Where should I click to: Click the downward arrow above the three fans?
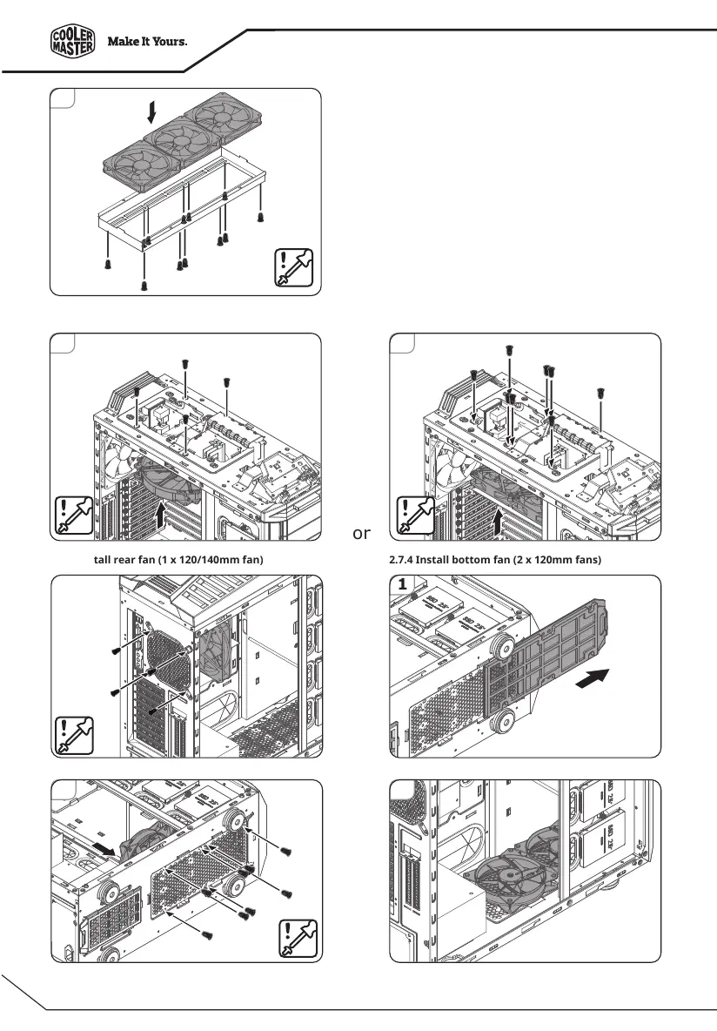click(152, 112)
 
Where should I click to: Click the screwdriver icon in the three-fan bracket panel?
click(293, 267)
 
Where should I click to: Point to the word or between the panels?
click(363, 532)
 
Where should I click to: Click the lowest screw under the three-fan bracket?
click(144, 285)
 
